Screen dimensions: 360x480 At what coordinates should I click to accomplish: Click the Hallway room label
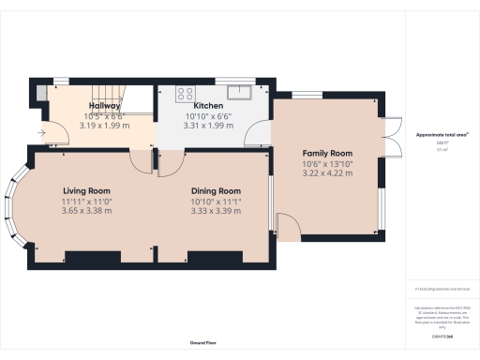105,107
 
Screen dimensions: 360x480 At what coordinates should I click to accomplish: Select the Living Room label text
86,190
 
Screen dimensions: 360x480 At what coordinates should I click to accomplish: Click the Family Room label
326,152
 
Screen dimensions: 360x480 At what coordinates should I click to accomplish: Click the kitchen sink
242,91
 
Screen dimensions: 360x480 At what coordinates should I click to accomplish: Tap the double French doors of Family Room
394,137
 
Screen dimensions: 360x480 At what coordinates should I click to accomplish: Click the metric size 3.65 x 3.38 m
86,211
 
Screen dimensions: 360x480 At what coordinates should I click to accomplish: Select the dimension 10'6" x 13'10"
326,163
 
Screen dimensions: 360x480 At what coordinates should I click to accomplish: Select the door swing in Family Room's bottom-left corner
289,227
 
